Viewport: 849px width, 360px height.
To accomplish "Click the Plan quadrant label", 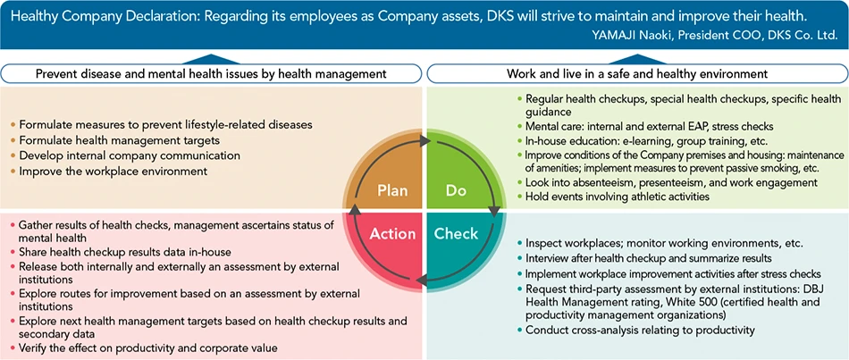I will (392, 190).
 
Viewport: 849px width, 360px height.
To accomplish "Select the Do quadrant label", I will (456, 190).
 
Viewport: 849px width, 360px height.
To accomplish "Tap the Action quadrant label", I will (392, 234).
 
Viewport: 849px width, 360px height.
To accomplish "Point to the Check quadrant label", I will (456, 234).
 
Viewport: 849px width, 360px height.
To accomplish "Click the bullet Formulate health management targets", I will (106, 140).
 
